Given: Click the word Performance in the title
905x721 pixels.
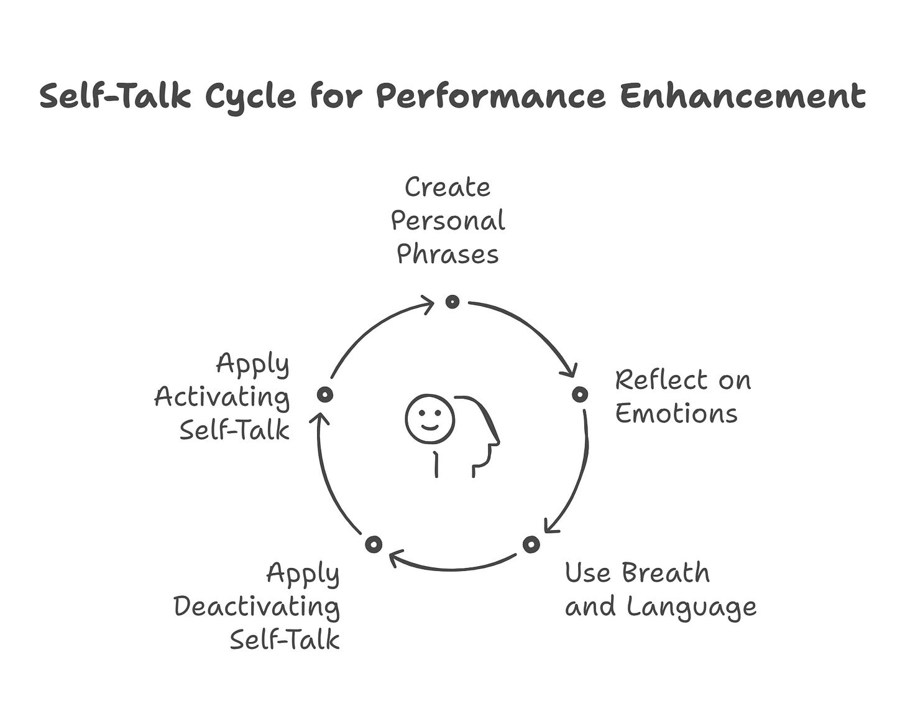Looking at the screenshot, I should click(490, 97).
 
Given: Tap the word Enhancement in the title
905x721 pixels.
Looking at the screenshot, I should click(742, 97).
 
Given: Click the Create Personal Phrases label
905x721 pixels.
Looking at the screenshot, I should click(448, 221).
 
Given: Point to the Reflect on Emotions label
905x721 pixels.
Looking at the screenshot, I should click(682, 396).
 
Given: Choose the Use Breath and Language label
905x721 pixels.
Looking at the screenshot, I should click(660, 589).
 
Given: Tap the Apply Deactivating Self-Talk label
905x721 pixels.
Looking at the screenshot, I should click(257, 606).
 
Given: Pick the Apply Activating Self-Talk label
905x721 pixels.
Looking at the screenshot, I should click(223, 396).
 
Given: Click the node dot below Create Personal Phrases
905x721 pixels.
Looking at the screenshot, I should click(452, 302).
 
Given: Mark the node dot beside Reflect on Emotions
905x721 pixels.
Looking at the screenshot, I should click(579, 394).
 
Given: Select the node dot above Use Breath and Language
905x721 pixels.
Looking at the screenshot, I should click(531, 545).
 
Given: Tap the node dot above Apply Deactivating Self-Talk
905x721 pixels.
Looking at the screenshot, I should click(373, 545).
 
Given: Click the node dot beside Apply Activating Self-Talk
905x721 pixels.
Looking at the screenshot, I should click(324, 394).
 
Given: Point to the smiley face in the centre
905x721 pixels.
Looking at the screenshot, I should click(430, 419).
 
